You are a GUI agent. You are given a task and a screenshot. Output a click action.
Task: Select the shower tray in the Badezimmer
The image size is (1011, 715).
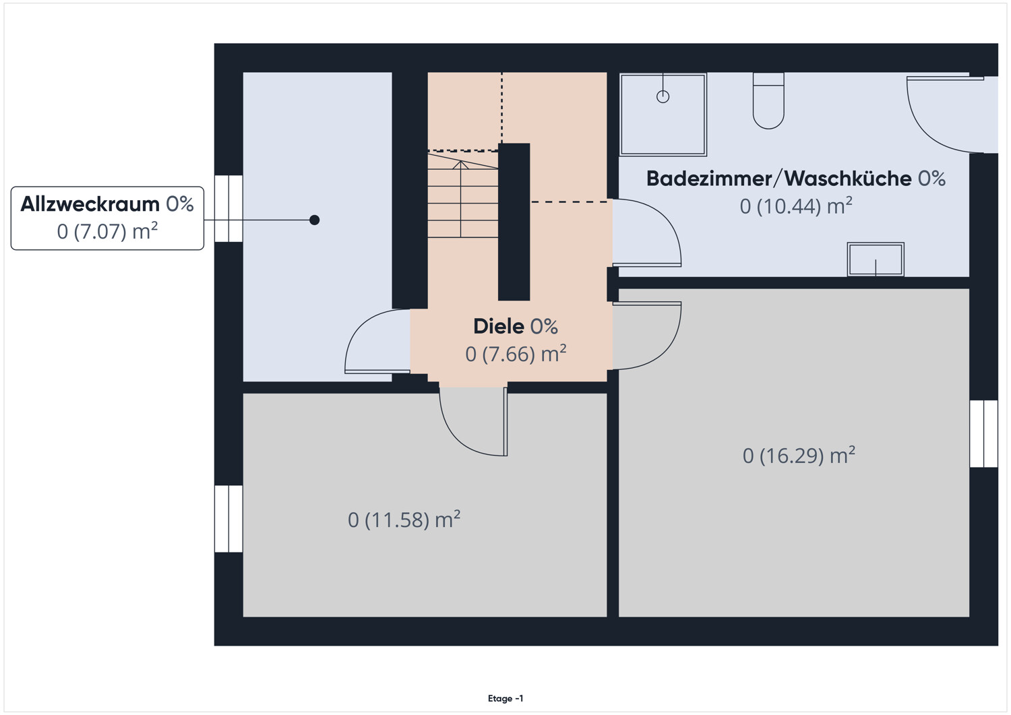663,115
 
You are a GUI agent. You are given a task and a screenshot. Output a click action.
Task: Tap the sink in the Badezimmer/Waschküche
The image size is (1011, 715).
875,259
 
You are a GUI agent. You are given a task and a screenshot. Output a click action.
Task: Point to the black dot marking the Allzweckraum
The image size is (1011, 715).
314,220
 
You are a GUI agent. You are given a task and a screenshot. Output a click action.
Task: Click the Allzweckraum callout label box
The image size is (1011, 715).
107,218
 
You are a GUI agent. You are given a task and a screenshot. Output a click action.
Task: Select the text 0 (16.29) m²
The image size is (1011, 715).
798,456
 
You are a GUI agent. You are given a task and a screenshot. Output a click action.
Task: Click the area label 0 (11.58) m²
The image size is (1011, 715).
404,520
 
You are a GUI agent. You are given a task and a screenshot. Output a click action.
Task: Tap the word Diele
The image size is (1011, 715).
499,326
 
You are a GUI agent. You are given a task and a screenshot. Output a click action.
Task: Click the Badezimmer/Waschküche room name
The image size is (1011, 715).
778,179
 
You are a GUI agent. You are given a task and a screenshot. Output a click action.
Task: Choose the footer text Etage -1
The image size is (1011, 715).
505,699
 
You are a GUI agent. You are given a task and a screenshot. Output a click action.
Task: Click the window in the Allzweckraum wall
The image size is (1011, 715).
228,208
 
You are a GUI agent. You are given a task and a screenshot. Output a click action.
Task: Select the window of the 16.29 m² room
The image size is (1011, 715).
983,433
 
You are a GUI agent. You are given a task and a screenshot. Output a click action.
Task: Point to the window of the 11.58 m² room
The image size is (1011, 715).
228,519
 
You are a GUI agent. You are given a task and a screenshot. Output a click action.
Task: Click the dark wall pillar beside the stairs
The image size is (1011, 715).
514,222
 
